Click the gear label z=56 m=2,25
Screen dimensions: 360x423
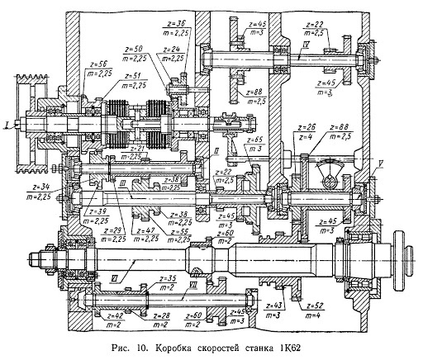(x=105, y=69)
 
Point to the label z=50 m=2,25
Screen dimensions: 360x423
(x=141, y=54)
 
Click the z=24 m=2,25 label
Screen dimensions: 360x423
(x=173, y=54)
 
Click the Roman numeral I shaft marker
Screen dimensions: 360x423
(x=7, y=125)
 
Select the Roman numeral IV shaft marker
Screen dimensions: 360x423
(x=328, y=42)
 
